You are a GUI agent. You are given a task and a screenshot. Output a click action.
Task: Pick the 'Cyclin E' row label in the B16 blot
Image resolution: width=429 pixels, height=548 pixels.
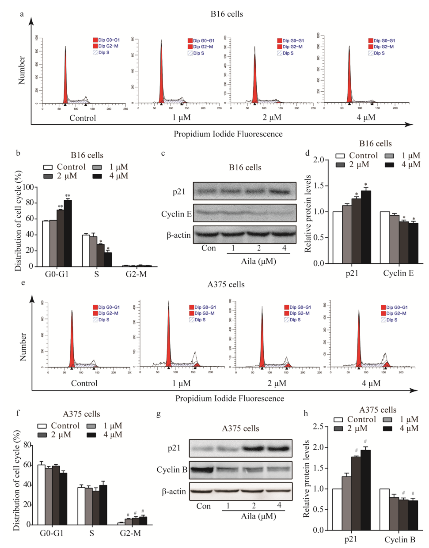[x=176, y=214]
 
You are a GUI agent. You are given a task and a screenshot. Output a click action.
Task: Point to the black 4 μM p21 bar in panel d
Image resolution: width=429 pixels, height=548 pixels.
[x=366, y=227]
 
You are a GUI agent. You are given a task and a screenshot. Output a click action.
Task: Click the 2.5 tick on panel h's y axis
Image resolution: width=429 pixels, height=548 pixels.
[x=318, y=427]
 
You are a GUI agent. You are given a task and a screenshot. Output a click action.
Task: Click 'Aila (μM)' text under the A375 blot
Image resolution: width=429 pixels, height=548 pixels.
[x=259, y=516]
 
